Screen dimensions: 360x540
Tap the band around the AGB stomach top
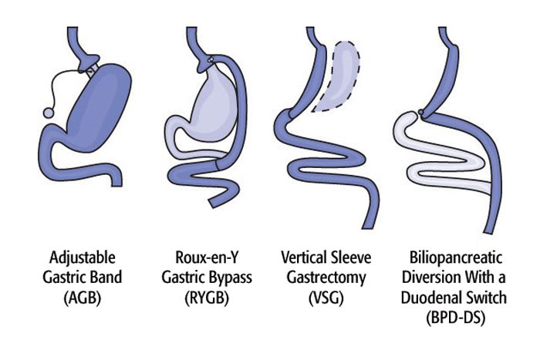click(x=92, y=70)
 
